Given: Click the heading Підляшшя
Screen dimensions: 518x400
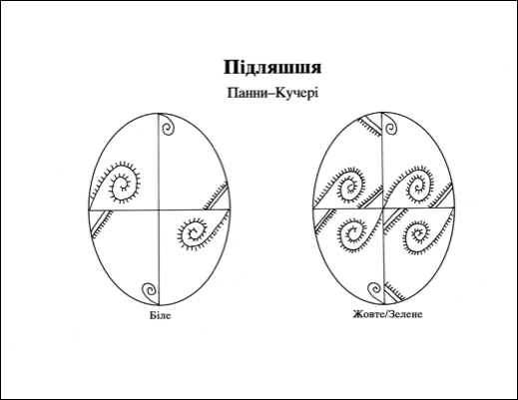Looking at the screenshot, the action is (x=272, y=68).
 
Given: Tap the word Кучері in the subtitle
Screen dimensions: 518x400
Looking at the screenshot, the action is (x=296, y=94).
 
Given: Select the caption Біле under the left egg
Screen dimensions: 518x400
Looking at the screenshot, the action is (x=160, y=315).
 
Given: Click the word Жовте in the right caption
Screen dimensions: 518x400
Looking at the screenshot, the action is (x=369, y=314).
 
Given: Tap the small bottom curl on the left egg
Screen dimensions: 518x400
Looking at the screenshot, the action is (x=151, y=293).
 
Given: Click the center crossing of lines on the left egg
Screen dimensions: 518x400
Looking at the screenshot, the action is (x=159, y=209).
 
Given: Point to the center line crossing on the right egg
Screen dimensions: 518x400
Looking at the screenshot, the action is (x=382, y=208).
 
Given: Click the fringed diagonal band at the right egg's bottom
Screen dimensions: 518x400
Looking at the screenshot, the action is (x=395, y=292).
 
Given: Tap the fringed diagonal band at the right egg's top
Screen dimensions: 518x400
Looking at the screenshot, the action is (x=370, y=126).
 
